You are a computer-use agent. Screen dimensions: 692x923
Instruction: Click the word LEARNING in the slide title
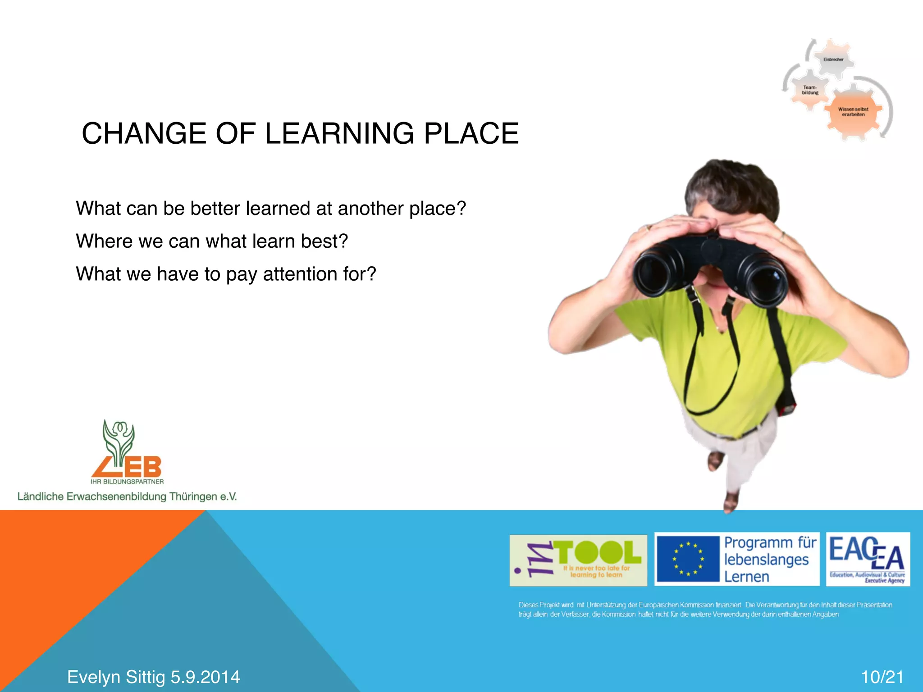tap(339, 134)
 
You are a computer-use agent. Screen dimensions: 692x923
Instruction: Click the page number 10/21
tap(882, 677)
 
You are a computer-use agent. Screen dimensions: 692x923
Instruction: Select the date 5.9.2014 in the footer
tap(205, 677)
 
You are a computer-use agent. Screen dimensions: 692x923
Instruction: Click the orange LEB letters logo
tap(128, 467)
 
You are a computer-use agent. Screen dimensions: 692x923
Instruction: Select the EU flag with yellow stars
tap(688, 559)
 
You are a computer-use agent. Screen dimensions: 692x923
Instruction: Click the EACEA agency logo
tap(868, 559)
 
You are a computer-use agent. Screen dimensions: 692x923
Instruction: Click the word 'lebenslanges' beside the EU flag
tap(766, 560)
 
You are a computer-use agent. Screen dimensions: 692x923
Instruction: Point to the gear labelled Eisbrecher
tap(833, 59)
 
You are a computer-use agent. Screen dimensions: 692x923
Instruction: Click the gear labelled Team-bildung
tap(810, 90)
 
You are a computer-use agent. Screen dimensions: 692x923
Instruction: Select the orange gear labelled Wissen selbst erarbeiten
tap(853, 112)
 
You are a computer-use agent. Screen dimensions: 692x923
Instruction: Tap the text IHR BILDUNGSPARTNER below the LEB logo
tap(127, 482)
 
